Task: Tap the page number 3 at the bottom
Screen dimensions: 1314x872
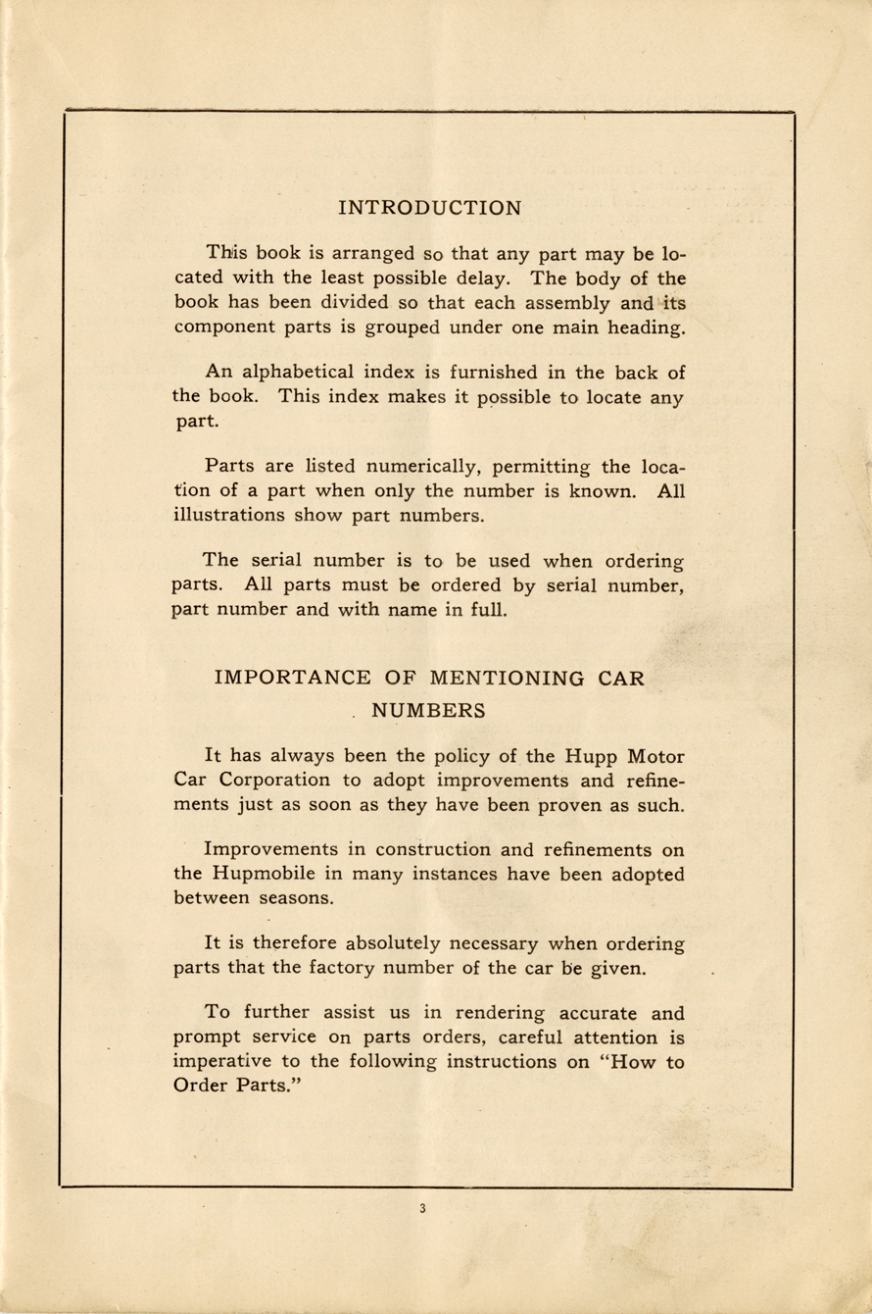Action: click(x=422, y=1209)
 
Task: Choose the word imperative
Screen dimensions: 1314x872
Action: click(x=223, y=1061)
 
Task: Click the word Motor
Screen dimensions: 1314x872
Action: click(x=654, y=757)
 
